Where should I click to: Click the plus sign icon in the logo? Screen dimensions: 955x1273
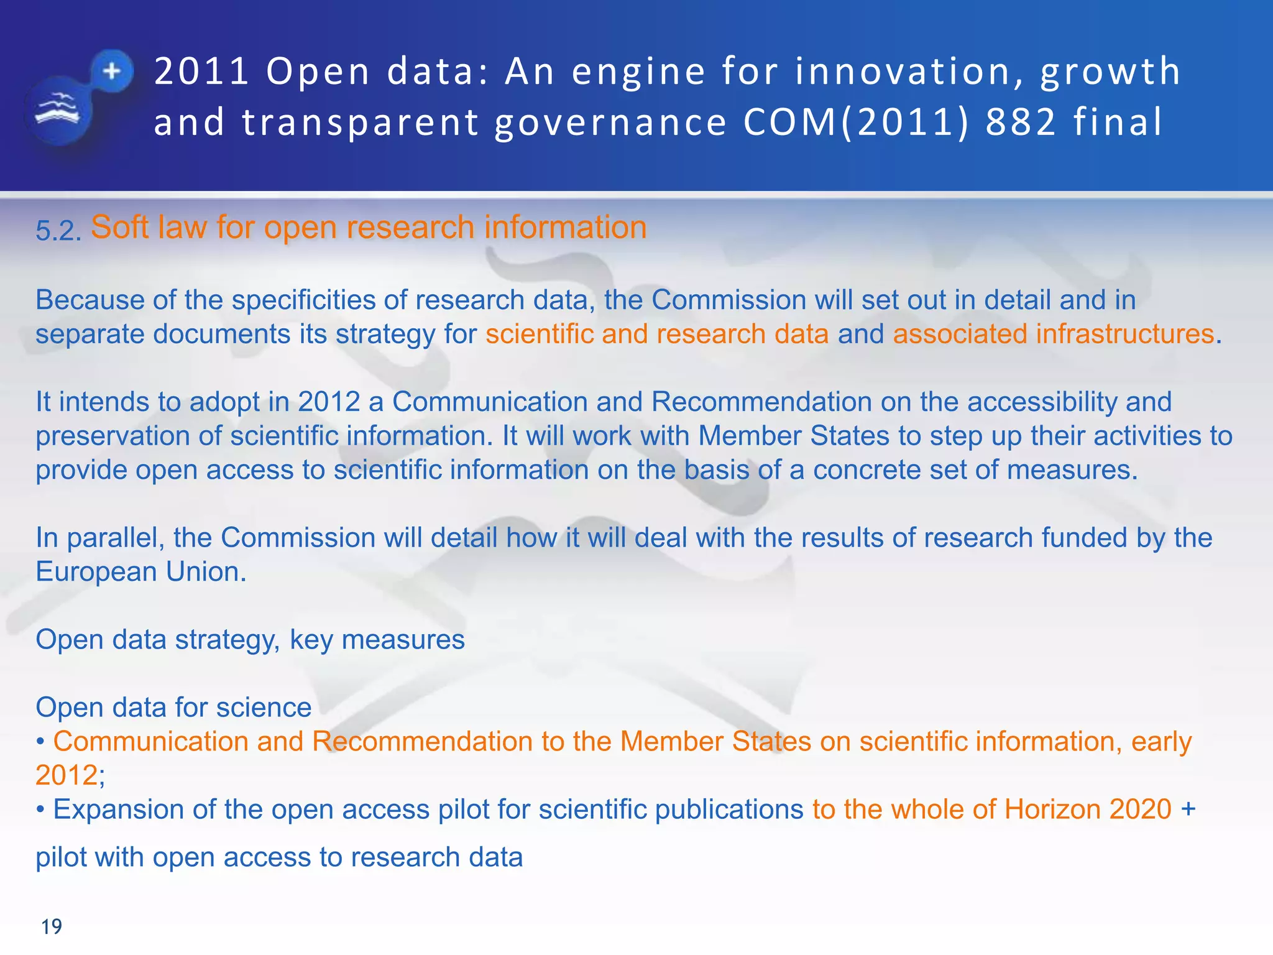(x=112, y=71)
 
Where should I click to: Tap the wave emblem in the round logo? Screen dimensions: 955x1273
(x=57, y=110)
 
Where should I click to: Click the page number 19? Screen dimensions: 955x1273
(x=52, y=926)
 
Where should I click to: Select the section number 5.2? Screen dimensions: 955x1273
(x=58, y=231)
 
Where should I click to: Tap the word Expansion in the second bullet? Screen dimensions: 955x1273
(x=118, y=810)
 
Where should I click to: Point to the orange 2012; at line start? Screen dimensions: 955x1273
(x=70, y=775)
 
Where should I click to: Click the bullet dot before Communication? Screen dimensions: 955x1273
(x=40, y=742)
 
